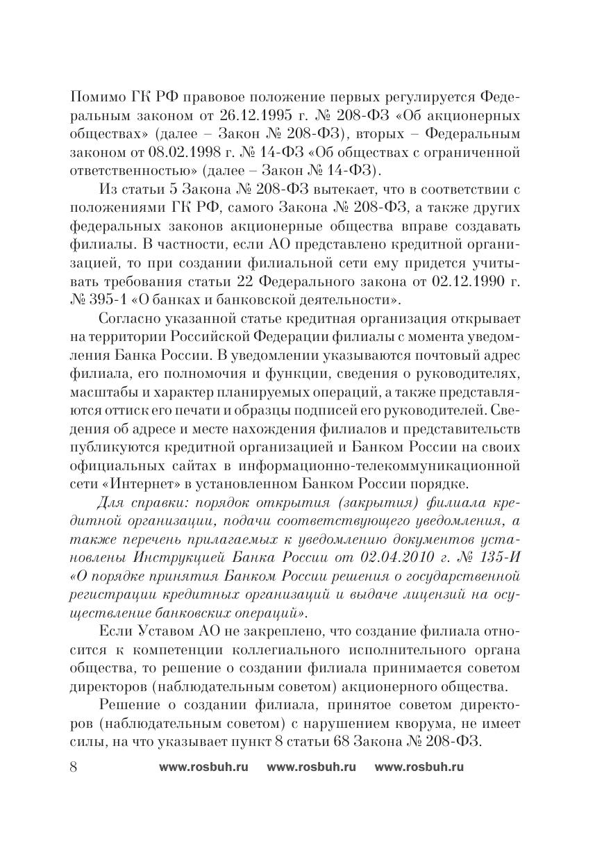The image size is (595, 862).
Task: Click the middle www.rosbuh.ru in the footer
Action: [311, 768]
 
